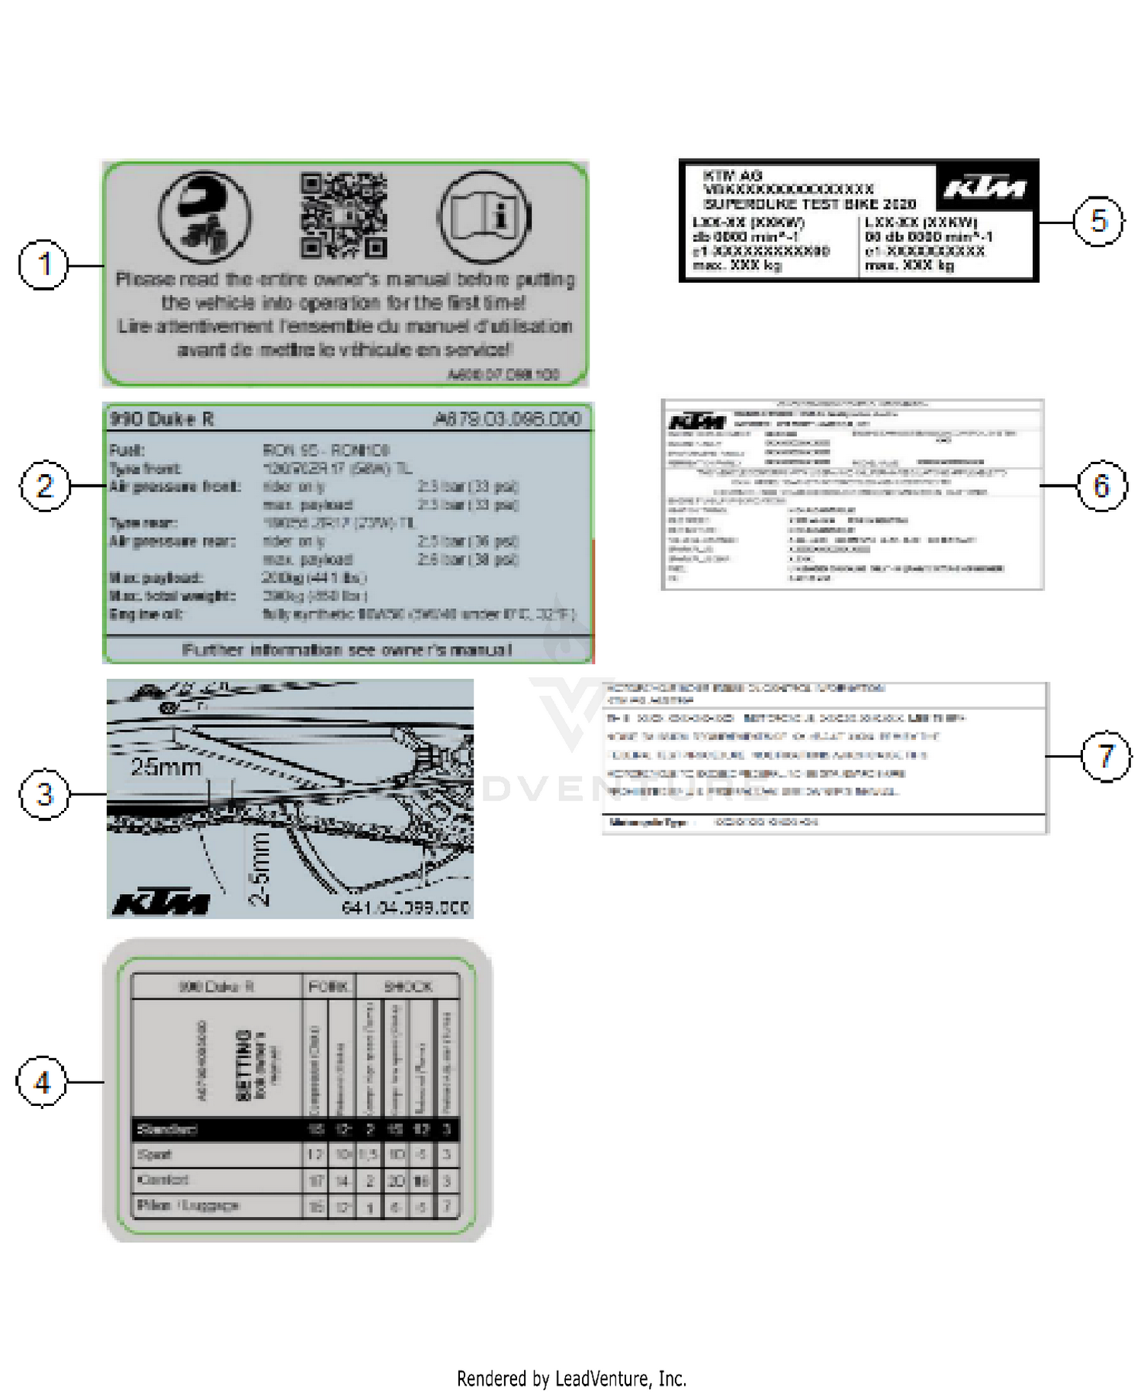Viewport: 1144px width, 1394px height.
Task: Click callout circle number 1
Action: coord(43,264)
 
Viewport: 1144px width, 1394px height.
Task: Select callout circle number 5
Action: coord(1098,222)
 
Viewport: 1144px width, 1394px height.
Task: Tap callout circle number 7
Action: coord(1106,756)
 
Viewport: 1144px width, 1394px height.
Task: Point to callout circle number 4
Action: coord(42,1082)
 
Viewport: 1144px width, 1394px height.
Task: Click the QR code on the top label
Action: coord(343,216)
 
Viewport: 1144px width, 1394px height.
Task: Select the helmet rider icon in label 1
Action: coord(204,217)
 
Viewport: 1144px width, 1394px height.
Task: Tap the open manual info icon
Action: coord(484,217)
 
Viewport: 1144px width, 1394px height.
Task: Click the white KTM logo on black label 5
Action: coord(985,187)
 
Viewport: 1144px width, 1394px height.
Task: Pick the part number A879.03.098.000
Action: coord(507,419)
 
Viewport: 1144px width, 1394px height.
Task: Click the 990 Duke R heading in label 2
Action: coord(162,419)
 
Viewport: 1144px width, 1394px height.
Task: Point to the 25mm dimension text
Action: coord(165,767)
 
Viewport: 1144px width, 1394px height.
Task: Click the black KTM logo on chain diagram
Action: coord(161,903)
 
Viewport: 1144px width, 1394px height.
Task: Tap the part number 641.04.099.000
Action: coord(406,908)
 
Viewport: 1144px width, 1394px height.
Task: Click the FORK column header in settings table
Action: coord(328,986)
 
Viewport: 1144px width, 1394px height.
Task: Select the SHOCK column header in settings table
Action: coord(407,986)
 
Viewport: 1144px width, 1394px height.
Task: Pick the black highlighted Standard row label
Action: coord(167,1129)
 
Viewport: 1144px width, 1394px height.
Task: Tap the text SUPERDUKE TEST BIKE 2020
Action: coord(809,204)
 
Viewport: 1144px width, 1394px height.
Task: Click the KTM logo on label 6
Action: coord(696,421)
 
